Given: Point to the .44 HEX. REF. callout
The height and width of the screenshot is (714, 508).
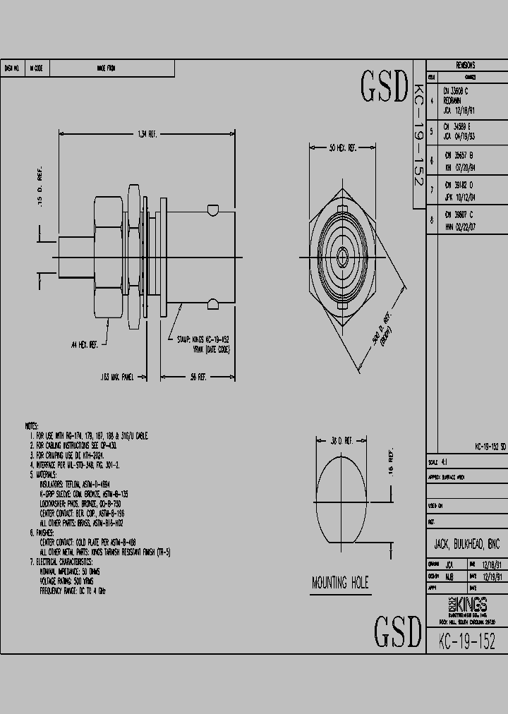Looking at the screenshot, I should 84,344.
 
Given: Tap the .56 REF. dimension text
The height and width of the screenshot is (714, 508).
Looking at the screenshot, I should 198,377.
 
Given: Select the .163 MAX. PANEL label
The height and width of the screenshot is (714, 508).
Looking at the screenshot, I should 118,377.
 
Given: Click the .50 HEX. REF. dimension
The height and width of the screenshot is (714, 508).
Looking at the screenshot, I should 343,148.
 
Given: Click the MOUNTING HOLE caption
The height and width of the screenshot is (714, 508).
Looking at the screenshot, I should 340,583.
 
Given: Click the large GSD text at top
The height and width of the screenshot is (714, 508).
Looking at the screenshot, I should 385,87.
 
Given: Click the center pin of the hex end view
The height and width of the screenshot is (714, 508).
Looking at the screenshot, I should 342,254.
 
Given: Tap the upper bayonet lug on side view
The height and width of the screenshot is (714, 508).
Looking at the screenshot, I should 210,210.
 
